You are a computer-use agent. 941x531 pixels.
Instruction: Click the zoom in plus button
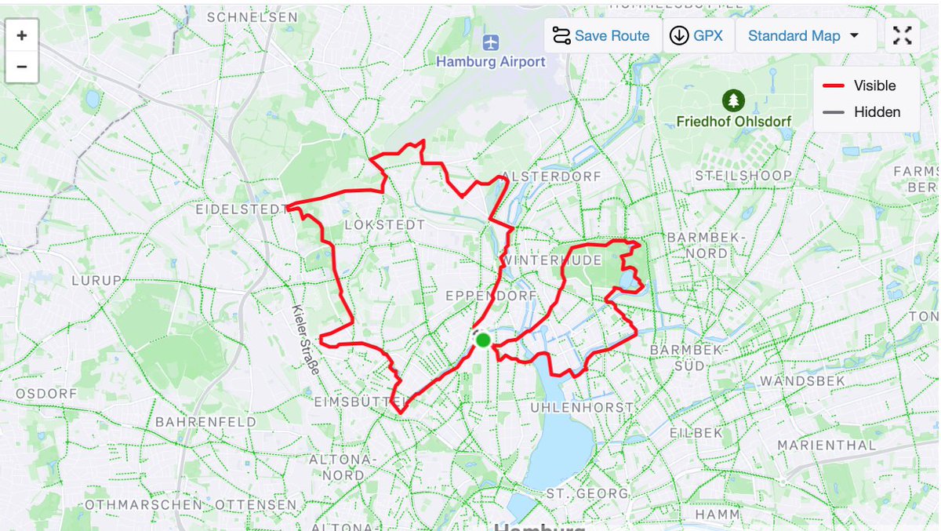[22, 35]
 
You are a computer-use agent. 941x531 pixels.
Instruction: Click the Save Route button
[601, 36]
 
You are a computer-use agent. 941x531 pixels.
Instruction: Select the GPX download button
[698, 36]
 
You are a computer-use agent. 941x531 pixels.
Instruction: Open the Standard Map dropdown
[803, 36]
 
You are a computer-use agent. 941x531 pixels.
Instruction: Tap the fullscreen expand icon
[903, 36]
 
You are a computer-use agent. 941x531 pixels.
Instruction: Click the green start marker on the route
[483, 340]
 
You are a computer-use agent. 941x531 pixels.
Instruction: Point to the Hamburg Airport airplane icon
[491, 42]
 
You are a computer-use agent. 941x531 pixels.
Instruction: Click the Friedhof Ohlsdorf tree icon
[733, 100]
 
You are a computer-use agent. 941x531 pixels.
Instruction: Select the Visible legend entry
[859, 85]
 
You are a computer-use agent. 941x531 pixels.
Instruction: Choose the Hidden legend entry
[859, 112]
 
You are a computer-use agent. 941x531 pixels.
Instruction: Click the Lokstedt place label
[385, 225]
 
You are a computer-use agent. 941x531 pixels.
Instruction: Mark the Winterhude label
[554, 260]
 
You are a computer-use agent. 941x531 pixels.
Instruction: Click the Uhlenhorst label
[582, 408]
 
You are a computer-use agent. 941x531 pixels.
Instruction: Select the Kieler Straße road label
[303, 340]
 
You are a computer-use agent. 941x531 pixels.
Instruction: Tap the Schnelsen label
[253, 16]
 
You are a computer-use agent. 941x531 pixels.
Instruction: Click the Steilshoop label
[743, 176]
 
